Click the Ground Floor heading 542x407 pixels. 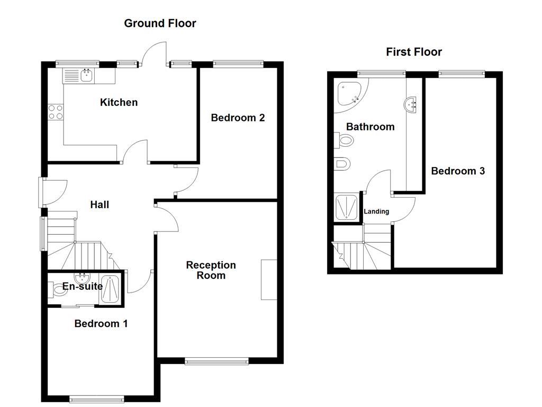pyautogui.click(x=160, y=23)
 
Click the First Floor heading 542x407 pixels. pyautogui.click(x=413, y=52)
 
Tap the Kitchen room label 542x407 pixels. pyautogui.click(x=119, y=102)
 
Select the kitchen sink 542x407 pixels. pyautogui.click(x=86, y=76)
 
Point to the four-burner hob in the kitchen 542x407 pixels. pyautogui.click(x=56, y=112)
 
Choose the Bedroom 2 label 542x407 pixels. pyautogui.click(x=238, y=118)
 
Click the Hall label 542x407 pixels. pyautogui.click(x=100, y=205)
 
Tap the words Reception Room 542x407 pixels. pyautogui.click(x=211, y=270)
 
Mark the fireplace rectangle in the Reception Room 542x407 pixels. pyautogui.click(x=269, y=280)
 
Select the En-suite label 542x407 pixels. pyautogui.click(x=83, y=287)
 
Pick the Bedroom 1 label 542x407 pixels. pyautogui.click(x=101, y=323)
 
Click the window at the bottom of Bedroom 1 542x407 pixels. pyautogui.click(x=97, y=399)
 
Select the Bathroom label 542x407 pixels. pyautogui.click(x=370, y=127)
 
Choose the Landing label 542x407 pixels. pyautogui.click(x=376, y=211)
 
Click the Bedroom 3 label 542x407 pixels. pyautogui.click(x=458, y=171)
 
